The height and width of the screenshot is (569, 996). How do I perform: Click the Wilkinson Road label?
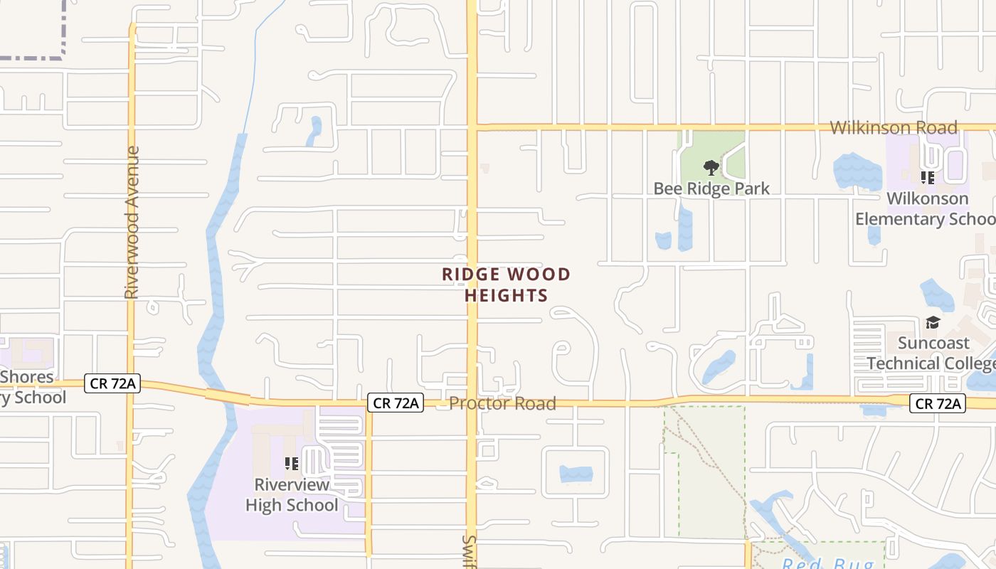(x=894, y=128)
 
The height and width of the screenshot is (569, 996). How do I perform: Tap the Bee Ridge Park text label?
(x=711, y=188)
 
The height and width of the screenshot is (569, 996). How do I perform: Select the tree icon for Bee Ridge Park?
(x=711, y=168)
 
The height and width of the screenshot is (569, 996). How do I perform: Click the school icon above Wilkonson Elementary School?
(x=927, y=177)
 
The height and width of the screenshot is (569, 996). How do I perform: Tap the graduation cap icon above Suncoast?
(x=932, y=323)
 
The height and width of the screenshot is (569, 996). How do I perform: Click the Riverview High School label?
(x=292, y=495)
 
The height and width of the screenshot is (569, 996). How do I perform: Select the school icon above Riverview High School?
(x=292, y=464)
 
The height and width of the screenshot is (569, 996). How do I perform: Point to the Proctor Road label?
(x=502, y=404)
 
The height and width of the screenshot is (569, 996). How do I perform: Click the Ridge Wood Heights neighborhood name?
(x=506, y=284)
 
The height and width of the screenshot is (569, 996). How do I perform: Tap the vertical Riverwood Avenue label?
(x=132, y=222)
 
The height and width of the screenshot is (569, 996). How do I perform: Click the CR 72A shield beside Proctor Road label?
(x=396, y=403)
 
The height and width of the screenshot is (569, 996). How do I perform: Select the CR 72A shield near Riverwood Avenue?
(x=112, y=383)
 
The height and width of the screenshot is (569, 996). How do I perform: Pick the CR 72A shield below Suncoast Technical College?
(x=938, y=404)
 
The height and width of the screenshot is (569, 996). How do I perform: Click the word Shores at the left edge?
(x=27, y=377)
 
